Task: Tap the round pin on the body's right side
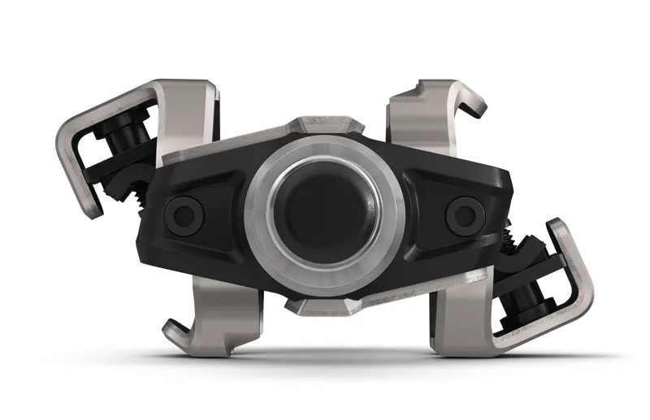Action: tap(464, 213)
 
